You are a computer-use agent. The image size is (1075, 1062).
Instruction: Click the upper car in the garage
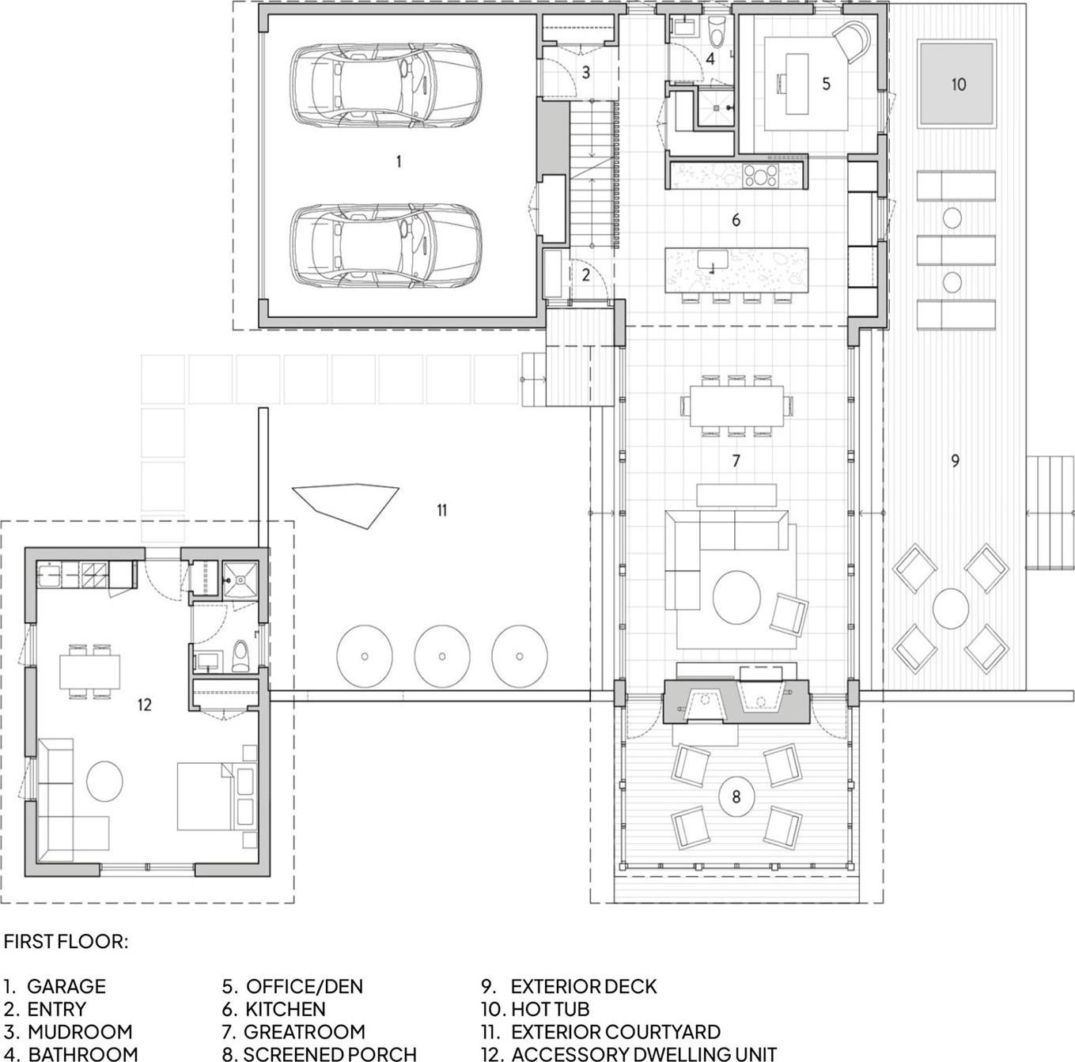(385, 85)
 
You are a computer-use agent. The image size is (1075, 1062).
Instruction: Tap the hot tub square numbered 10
(956, 84)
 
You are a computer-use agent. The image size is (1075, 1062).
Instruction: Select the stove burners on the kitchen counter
(761, 173)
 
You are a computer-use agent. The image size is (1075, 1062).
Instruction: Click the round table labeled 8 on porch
(736, 796)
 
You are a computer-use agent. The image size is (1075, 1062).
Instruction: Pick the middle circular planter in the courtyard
(441, 656)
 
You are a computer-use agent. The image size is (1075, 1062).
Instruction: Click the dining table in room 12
(89, 671)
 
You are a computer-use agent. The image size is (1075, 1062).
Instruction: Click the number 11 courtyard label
(441, 510)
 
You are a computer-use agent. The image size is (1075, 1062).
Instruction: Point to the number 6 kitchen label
(736, 220)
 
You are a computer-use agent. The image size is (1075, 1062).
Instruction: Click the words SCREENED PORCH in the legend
(330, 1053)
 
